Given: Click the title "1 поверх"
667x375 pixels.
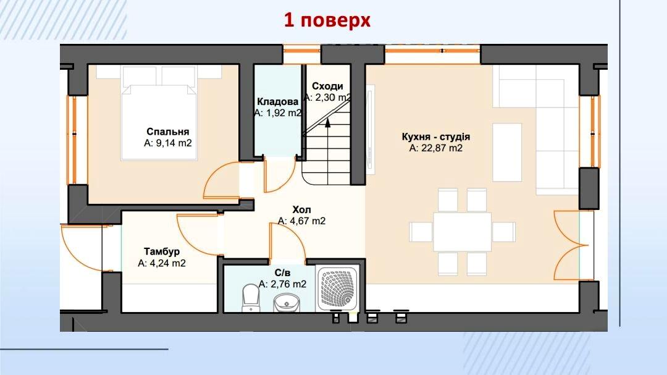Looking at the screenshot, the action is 327,20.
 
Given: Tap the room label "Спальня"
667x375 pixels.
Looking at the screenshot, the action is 167,132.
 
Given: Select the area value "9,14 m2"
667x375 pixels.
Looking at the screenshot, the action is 174,143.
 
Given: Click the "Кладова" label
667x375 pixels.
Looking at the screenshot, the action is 278,102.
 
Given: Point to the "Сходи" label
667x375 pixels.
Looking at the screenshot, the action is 327,86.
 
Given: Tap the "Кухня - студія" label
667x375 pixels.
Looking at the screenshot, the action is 435,137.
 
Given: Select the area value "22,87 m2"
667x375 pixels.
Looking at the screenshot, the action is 442,148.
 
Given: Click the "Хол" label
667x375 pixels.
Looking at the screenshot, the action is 301,210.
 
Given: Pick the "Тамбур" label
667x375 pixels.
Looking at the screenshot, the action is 162,251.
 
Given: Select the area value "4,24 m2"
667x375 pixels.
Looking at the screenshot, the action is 167,263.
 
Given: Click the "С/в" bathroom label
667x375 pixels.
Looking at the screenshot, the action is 282,273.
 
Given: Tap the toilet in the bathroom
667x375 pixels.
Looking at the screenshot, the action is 250,298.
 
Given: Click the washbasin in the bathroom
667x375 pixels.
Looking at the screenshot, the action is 287,303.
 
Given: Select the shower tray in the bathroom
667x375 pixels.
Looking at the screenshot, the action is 338,288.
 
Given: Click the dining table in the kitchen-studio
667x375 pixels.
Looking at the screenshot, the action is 462,232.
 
